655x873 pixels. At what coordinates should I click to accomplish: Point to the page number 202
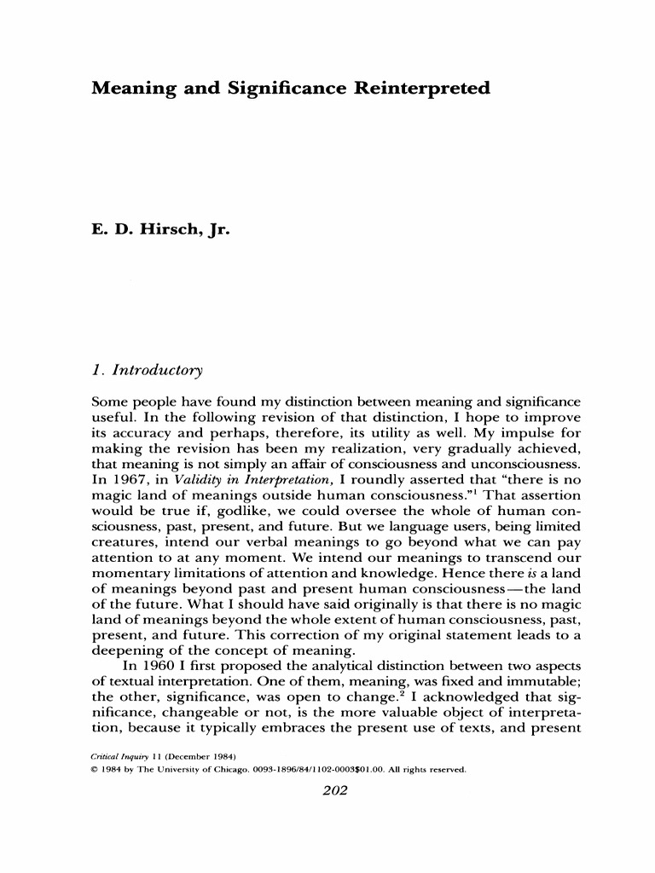pos(327,789)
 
